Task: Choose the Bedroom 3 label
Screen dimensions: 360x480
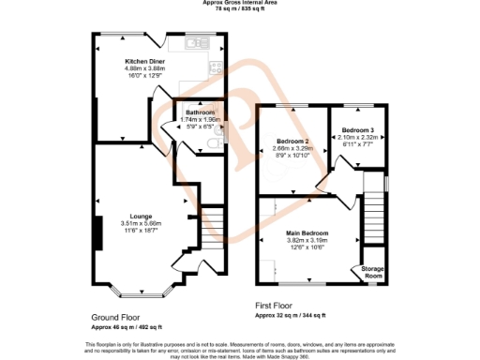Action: pyautogui.click(x=357, y=129)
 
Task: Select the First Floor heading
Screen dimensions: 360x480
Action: pyautogui.click(x=281, y=306)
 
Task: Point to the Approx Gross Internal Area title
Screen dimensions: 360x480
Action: pyautogui.click(x=240, y=3)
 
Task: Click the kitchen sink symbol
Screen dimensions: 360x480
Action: pyautogui.click(x=198, y=43)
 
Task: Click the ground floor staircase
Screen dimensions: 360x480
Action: pyautogui.click(x=212, y=225)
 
